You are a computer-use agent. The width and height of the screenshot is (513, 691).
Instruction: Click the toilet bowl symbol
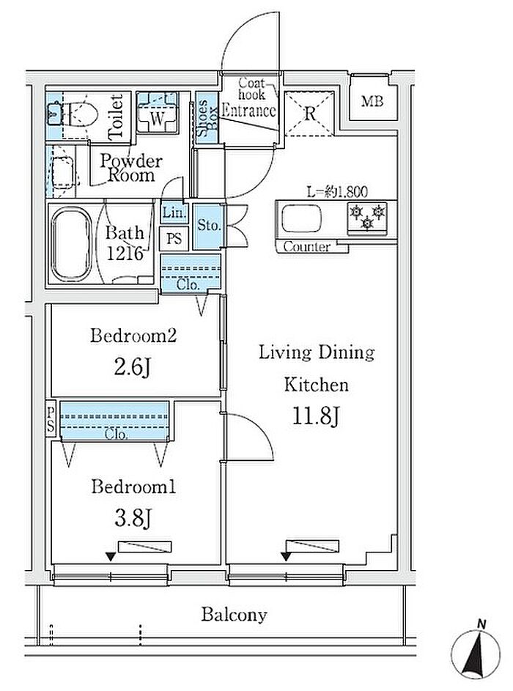(78, 114)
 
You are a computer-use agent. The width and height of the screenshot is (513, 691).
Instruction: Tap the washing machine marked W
(157, 112)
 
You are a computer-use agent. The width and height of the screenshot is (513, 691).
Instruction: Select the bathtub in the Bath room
(71, 244)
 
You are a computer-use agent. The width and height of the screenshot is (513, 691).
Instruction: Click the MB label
(372, 101)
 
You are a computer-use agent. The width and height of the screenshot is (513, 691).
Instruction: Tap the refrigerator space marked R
(309, 114)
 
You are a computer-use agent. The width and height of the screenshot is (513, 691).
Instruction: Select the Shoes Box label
(207, 118)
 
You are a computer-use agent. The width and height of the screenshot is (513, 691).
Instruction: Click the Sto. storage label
(208, 225)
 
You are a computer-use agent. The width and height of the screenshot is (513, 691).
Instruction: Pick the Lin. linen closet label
(173, 213)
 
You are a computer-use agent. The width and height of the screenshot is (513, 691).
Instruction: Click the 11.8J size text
(317, 415)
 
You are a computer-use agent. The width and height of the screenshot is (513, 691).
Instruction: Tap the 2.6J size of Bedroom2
(133, 366)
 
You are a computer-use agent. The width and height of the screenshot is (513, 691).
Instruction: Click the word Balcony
(234, 615)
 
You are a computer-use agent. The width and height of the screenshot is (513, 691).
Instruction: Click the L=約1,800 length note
(337, 191)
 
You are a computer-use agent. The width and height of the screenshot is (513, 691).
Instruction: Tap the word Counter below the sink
(307, 246)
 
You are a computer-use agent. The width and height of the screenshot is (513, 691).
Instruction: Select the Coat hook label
(251, 89)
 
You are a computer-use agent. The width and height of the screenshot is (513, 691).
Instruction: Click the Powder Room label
(131, 168)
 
